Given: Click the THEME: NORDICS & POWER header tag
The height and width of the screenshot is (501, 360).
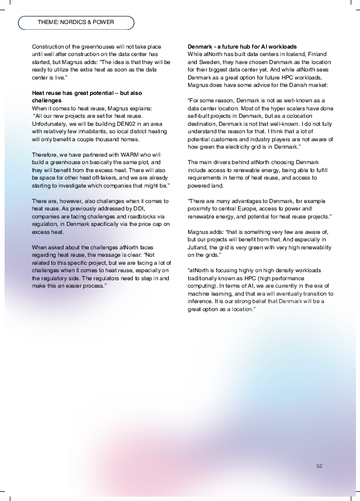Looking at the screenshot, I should (76, 22).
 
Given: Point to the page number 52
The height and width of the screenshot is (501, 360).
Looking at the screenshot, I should (319, 466).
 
